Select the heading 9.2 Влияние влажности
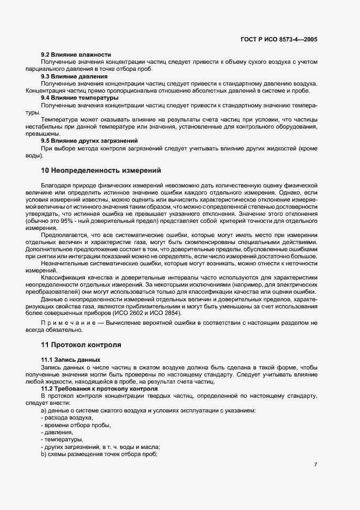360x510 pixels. (x=76, y=55)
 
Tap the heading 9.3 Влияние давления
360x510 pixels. (x=74, y=76)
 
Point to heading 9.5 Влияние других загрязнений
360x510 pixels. (x=89, y=141)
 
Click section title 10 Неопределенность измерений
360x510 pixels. (x=101, y=171)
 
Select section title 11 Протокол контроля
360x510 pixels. (x=81, y=345)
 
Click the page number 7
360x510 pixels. (x=316, y=464)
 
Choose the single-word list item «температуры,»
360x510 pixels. (x=62, y=439)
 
